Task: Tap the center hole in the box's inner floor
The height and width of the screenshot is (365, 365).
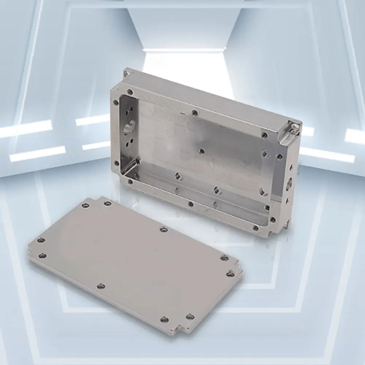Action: click(201, 151)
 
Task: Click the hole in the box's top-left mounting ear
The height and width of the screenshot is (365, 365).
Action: click(126, 73)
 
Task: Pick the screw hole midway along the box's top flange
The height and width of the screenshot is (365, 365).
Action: click(195, 113)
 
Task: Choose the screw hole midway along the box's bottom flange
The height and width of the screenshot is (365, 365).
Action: click(190, 204)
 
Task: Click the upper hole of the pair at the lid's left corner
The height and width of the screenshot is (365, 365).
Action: click(41, 240)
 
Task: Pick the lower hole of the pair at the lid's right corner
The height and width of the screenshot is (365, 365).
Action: click(230, 273)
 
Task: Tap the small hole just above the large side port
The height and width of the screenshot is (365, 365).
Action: click(290, 168)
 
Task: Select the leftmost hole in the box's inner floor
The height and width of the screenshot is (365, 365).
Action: click(177, 176)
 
